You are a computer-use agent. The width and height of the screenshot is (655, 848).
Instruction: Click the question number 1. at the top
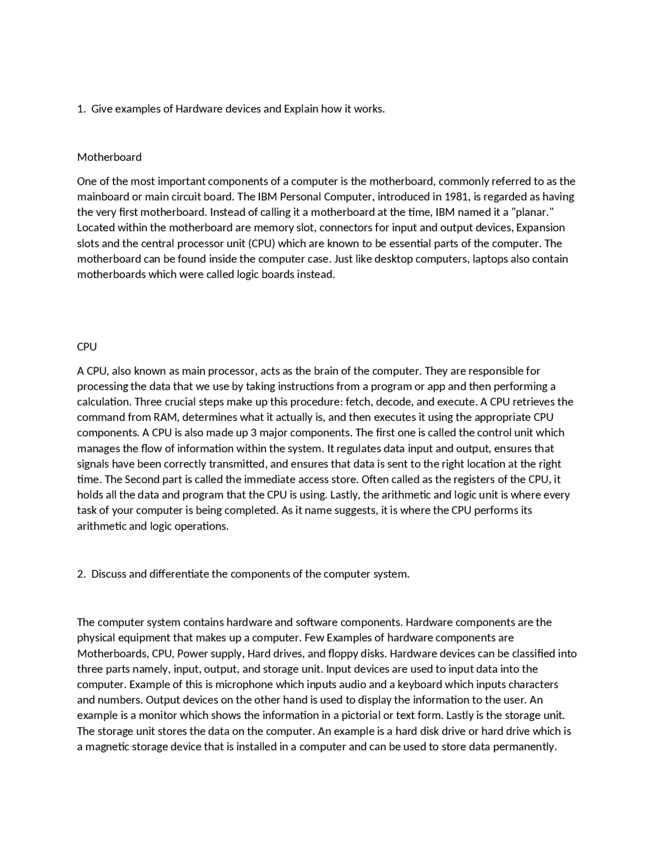click(x=81, y=109)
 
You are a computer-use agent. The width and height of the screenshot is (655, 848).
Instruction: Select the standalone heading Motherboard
click(x=109, y=157)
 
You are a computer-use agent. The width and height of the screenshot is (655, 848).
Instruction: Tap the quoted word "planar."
click(x=533, y=213)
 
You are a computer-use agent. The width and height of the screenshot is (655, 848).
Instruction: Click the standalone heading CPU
click(x=86, y=347)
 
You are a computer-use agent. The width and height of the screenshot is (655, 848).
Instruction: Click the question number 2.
click(x=81, y=574)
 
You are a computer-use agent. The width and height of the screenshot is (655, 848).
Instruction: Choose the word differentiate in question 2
click(x=179, y=574)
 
